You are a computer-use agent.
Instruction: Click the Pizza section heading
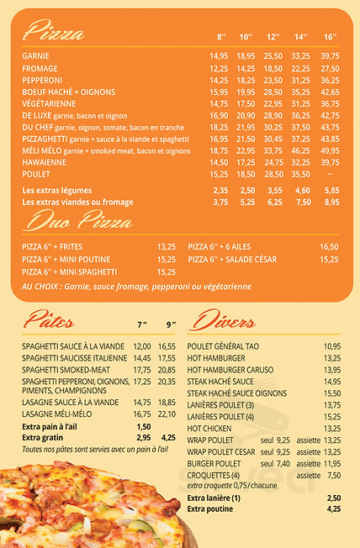[54, 34]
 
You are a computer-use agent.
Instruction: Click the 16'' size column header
[330, 37]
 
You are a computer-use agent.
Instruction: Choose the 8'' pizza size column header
[221, 37]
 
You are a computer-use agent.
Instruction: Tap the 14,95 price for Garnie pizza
[219, 56]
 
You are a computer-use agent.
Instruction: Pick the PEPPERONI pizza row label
[43, 80]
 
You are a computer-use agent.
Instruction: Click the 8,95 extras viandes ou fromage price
[331, 202]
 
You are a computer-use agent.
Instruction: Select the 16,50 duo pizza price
[329, 247]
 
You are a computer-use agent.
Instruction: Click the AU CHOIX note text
[136, 287]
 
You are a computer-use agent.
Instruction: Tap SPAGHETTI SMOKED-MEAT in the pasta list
[66, 369]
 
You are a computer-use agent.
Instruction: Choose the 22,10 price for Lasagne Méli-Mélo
[167, 414]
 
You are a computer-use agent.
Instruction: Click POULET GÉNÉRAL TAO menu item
[223, 346]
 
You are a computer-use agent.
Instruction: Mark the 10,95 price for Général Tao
[332, 346]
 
